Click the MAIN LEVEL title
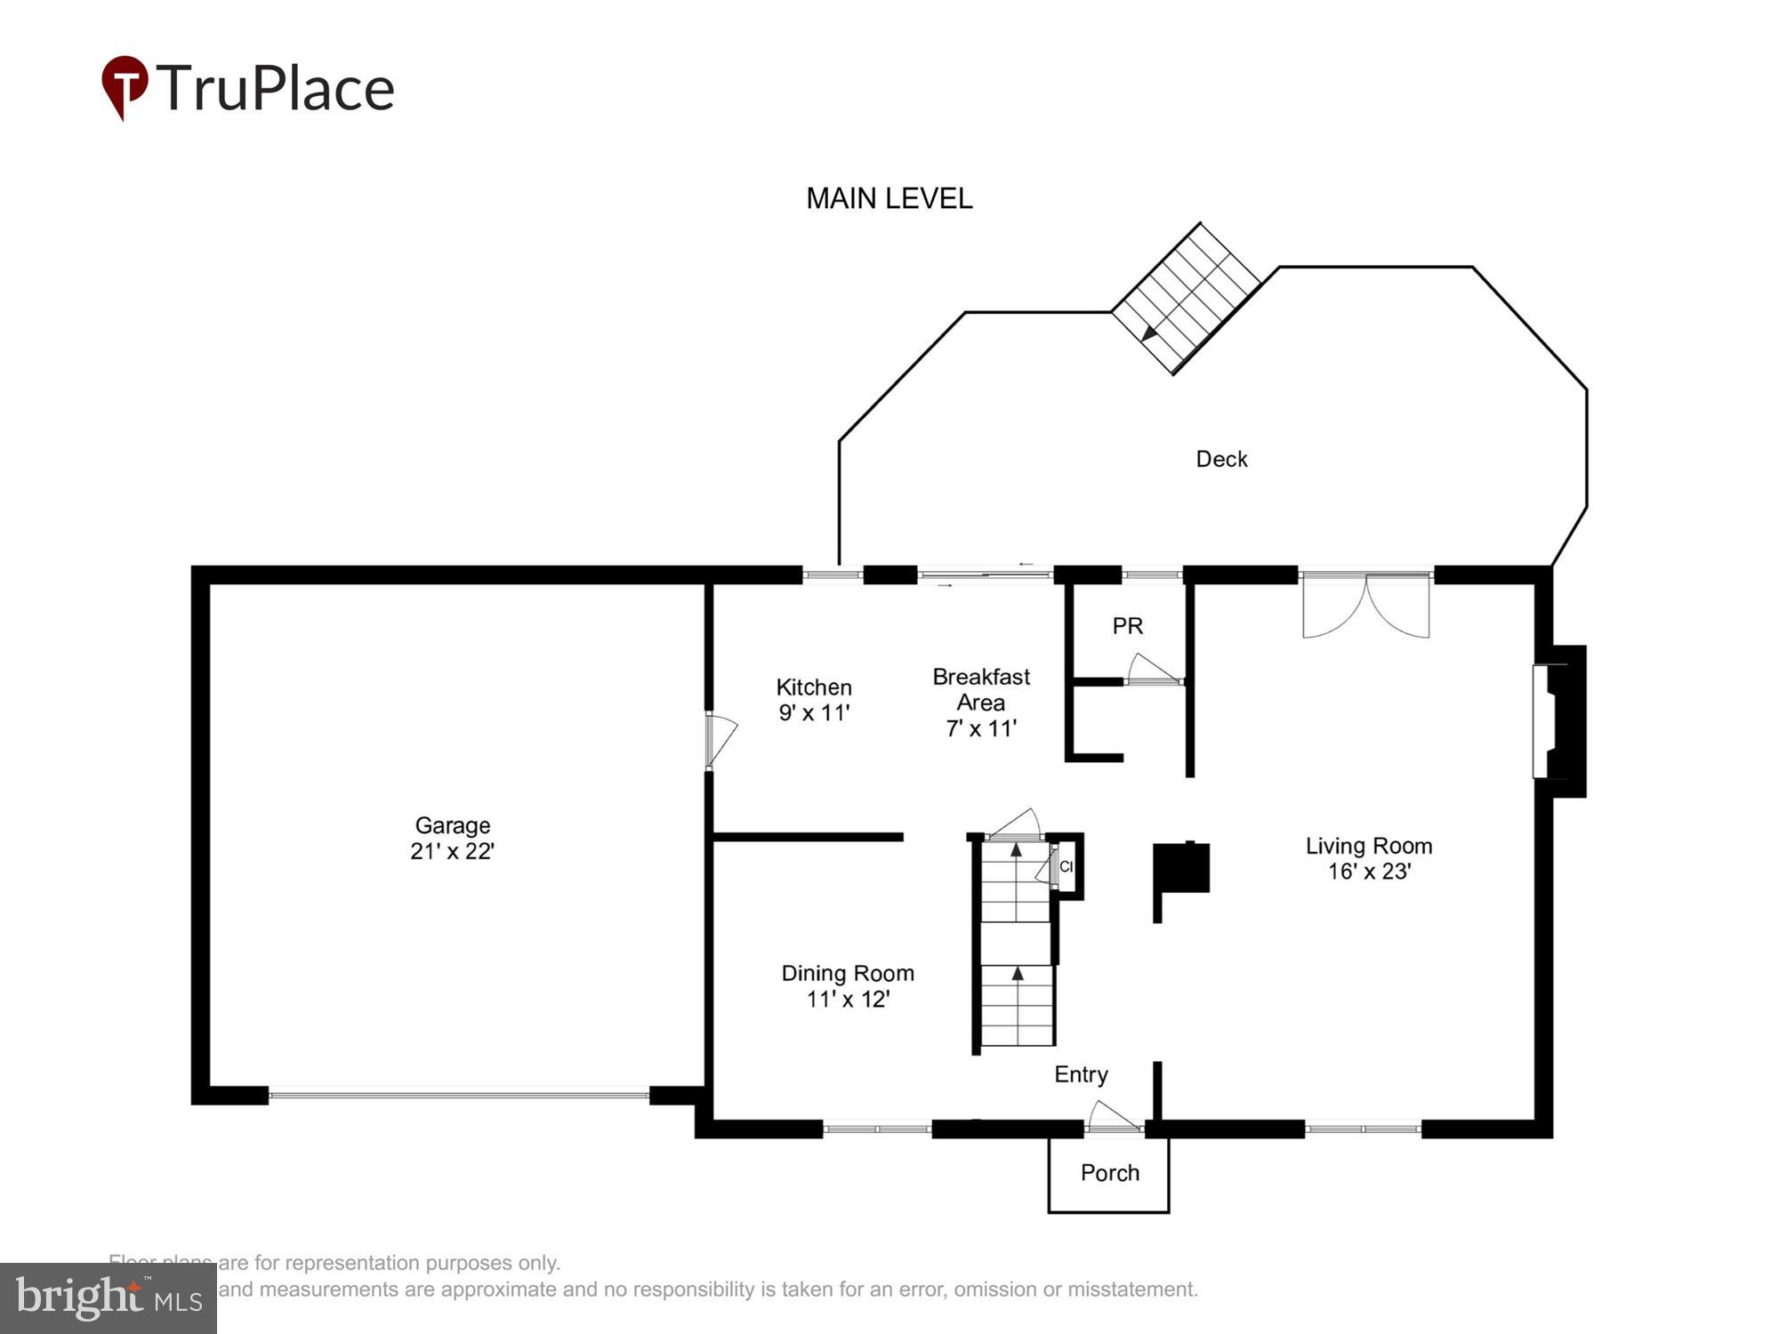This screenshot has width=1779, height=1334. (x=889, y=198)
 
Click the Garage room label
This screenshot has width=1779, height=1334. (x=452, y=825)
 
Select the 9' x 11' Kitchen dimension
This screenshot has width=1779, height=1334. (x=814, y=713)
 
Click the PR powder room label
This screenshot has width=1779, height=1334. (x=1127, y=626)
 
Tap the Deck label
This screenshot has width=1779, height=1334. (x=1221, y=459)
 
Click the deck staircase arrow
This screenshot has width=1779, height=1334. (x=1149, y=333)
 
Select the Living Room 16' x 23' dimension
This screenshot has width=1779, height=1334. (x=1369, y=872)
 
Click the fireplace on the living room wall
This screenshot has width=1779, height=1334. (x=1558, y=721)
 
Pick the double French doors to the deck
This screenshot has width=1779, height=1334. (x=1365, y=605)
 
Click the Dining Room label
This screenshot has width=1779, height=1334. (x=847, y=973)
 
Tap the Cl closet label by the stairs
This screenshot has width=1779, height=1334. (x=1066, y=866)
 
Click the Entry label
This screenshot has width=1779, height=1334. (x=1081, y=1074)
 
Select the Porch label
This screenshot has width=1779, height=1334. (x=1109, y=1173)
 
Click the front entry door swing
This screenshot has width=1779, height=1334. (x=1112, y=1117)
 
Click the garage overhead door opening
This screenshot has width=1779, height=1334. (x=458, y=1095)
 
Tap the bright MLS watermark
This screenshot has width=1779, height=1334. (x=109, y=1298)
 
